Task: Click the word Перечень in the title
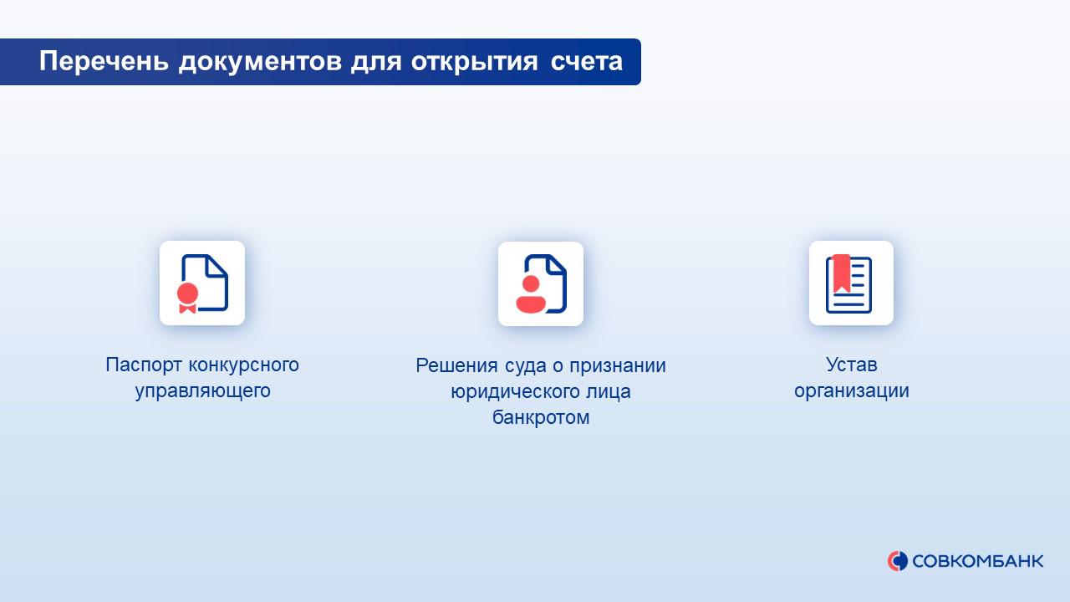(x=104, y=62)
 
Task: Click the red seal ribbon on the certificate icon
(x=187, y=297)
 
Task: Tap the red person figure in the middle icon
(x=531, y=293)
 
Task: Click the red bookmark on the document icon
(x=842, y=273)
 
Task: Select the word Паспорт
(x=144, y=365)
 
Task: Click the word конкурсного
(x=244, y=365)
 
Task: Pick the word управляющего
(x=202, y=391)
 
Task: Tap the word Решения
(x=450, y=366)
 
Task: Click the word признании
(x=618, y=367)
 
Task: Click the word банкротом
(x=541, y=417)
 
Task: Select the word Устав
(x=852, y=365)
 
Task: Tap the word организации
(x=852, y=391)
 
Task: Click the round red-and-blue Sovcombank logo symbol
(x=898, y=561)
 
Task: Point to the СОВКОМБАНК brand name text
(x=978, y=561)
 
